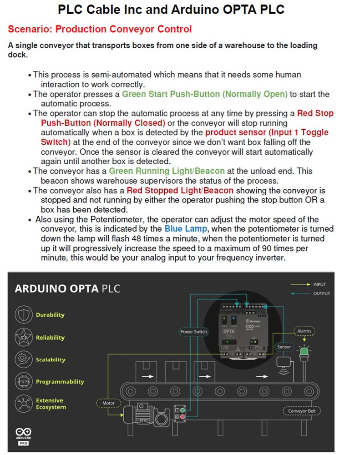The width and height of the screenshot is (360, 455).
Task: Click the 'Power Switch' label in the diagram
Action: click(194, 332)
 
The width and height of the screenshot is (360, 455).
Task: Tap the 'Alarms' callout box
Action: click(304, 331)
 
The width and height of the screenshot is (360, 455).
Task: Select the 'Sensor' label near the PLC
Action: click(284, 347)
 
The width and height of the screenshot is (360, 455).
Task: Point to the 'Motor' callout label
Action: click(109, 403)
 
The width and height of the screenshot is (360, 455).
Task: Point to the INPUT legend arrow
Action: click(299, 284)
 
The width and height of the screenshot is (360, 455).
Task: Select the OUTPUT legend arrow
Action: click(299, 293)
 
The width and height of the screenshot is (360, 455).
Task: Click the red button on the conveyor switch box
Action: click(183, 416)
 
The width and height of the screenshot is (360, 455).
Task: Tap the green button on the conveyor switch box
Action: click(183, 409)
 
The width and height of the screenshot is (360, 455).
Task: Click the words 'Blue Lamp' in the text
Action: click(185, 228)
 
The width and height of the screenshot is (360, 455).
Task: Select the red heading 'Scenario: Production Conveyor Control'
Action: click(100, 30)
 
